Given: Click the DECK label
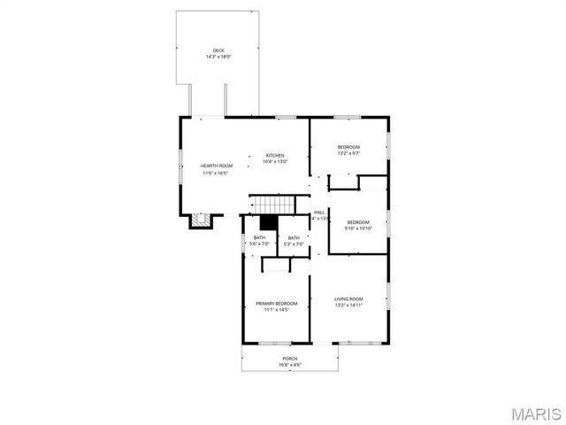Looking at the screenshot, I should pyautogui.click(x=218, y=50).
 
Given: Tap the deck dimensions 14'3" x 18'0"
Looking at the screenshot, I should pyautogui.click(x=218, y=56).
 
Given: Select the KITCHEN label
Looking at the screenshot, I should pyautogui.click(x=275, y=156).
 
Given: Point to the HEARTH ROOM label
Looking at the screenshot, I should pyautogui.click(x=216, y=166).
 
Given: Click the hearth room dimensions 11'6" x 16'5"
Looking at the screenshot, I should pyautogui.click(x=216, y=173).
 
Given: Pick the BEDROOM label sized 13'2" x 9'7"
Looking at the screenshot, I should pyautogui.click(x=348, y=146).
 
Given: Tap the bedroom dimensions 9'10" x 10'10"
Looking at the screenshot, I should pyautogui.click(x=358, y=228).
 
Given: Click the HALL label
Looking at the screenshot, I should pyautogui.click(x=319, y=212).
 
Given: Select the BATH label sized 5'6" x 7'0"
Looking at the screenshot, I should pyautogui.click(x=259, y=237).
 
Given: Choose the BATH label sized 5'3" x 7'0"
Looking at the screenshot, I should pyautogui.click(x=293, y=237).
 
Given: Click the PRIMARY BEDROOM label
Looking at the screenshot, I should pyautogui.click(x=276, y=304).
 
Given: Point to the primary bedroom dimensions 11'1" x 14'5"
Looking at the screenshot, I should pyautogui.click(x=276, y=310).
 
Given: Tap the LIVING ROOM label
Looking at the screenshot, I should pyautogui.click(x=348, y=298).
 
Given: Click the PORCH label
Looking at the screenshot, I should pyautogui.click(x=290, y=358).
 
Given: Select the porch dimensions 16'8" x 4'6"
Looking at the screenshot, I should pyautogui.click(x=290, y=364).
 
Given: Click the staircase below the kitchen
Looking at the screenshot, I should pyautogui.click(x=271, y=205).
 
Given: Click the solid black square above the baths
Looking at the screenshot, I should pyautogui.click(x=268, y=223).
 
